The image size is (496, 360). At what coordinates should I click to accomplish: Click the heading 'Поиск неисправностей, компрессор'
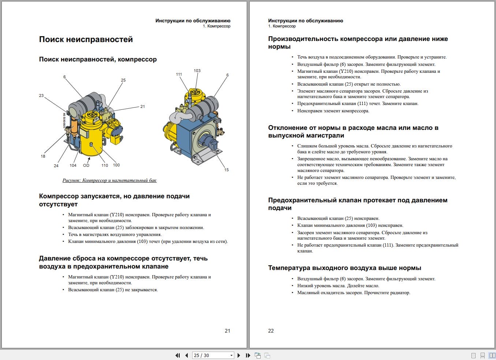98,59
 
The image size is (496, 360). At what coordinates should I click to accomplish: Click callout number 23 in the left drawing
41,95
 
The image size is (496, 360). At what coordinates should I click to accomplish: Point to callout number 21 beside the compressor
142,106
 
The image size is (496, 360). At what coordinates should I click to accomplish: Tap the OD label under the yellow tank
86,165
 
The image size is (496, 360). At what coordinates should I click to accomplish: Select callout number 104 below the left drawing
73,165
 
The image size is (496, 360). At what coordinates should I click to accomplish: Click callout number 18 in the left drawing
43,156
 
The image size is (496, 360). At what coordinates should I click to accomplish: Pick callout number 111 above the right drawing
179,74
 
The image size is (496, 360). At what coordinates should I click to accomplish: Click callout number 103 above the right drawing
197,71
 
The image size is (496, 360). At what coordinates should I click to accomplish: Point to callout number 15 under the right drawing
226,170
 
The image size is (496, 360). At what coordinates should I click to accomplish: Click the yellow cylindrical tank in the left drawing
90,139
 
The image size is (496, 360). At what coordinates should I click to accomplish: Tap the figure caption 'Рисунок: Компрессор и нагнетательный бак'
109,180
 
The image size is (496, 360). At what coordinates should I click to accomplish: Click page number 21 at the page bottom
227,331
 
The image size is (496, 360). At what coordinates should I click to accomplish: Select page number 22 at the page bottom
271,331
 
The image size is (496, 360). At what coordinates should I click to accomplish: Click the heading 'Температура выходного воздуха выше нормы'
344,268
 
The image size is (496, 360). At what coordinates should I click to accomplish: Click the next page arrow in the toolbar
239,355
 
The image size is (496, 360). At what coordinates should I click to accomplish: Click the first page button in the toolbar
178,355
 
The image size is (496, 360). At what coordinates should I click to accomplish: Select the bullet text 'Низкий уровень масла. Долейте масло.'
338,286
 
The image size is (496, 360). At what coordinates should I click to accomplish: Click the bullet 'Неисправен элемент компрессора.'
333,111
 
